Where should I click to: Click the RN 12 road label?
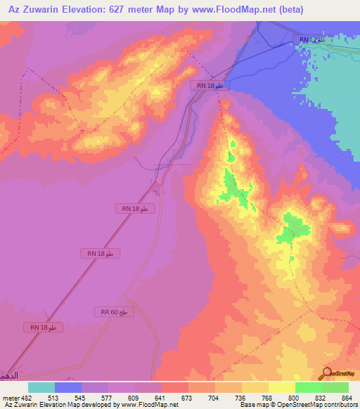pos(311,41)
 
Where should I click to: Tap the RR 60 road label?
pos(113,311)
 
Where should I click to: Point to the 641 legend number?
pos(161,397)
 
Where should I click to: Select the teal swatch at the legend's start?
pos(41,387)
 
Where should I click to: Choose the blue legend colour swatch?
pos(68,387)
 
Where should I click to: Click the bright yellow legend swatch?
pos(282,387)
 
